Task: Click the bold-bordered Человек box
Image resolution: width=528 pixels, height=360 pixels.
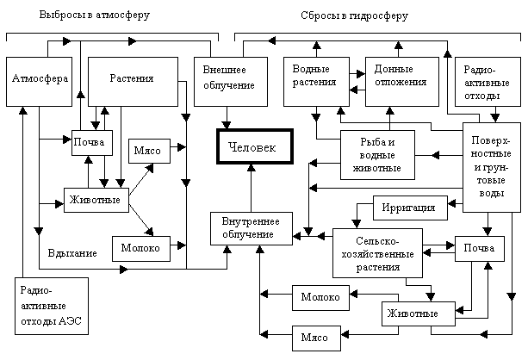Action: [x=254, y=147]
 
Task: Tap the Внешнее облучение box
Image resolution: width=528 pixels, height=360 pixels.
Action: [x=228, y=80]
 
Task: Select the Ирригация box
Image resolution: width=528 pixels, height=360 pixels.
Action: [x=409, y=208]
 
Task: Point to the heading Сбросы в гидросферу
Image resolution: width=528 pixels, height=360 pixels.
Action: [x=354, y=16]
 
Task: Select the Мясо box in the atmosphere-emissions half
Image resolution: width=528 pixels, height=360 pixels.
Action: [x=150, y=151]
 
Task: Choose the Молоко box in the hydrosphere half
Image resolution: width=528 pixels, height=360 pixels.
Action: [x=321, y=297]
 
